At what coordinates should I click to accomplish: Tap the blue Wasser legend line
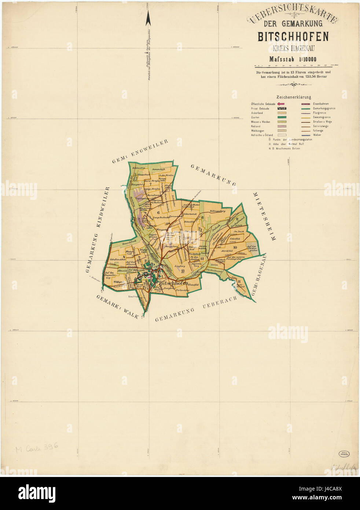tap(306, 135)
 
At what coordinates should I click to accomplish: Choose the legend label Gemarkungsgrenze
tap(324, 109)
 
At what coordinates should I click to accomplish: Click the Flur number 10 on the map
tap(235, 248)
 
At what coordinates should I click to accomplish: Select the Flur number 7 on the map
tap(150, 184)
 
